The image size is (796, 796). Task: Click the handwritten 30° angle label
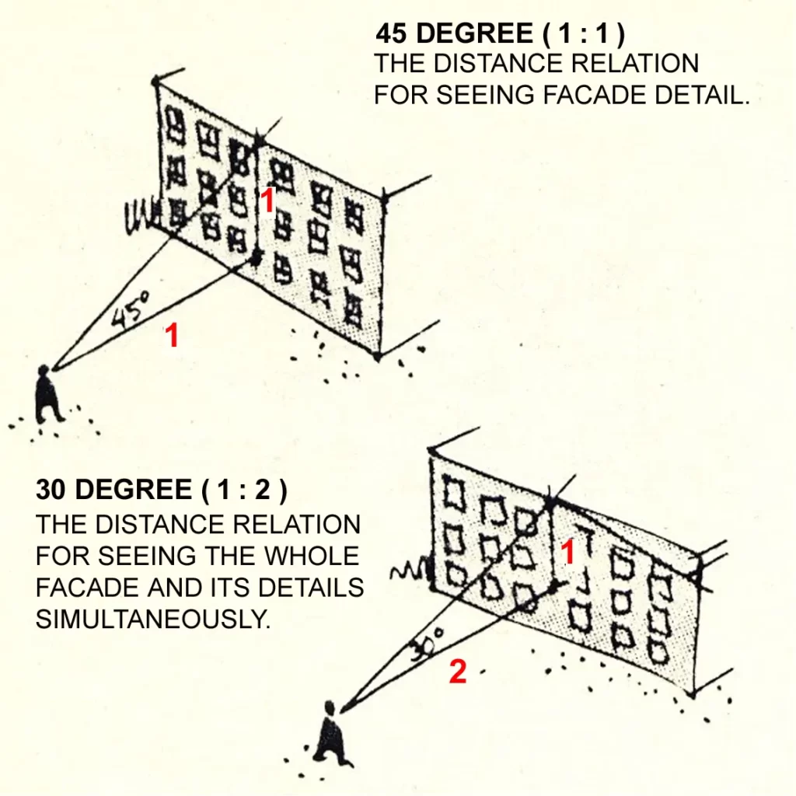424,641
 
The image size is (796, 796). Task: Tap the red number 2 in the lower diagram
458,672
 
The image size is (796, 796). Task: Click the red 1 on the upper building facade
266,201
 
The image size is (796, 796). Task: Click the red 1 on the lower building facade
567,553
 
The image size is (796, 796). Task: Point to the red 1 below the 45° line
172,336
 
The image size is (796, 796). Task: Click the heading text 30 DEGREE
113,490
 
